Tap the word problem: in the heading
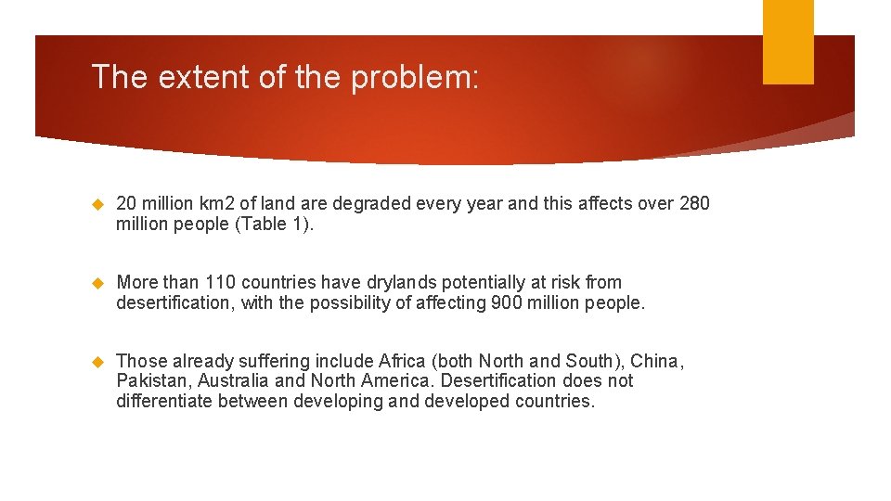[x=415, y=77]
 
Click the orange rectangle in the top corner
[x=788, y=42]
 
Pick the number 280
[x=694, y=203]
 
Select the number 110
[x=220, y=282]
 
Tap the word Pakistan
[x=151, y=381]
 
